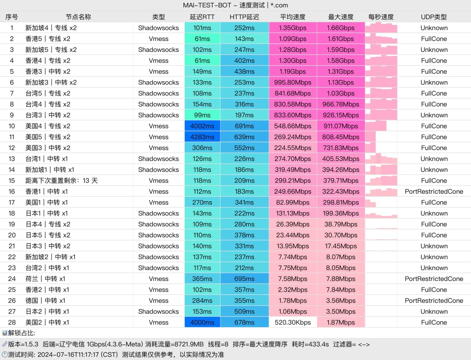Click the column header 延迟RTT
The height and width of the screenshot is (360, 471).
tap(202, 17)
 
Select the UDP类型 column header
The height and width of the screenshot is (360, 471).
tap(434, 17)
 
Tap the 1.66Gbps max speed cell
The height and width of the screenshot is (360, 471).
tap(341, 28)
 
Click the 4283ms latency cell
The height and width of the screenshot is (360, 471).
tap(202, 137)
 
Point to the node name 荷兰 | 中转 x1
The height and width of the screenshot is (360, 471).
tap(45, 279)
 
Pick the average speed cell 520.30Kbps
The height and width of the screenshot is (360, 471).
tap(293, 322)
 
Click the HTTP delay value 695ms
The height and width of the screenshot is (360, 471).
tap(244, 279)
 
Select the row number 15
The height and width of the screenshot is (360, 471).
tap(12, 181)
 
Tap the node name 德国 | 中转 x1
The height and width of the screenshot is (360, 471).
tap(45, 301)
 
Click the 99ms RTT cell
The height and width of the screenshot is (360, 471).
tap(202, 115)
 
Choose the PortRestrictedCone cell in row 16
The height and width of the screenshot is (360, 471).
tap(434, 192)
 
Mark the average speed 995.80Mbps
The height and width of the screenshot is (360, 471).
tap(293, 82)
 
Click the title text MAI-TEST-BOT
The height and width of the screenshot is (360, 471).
tap(207, 5)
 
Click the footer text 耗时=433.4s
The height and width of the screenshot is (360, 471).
tap(310, 344)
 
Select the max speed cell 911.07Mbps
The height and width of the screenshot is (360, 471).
tap(341, 126)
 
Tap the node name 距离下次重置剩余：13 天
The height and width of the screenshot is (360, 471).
tap(61, 181)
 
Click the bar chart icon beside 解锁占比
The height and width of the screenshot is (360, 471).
tap(4, 333)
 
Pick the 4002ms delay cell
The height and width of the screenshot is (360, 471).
tap(202, 126)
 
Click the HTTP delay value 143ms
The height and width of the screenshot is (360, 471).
tap(244, 39)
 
